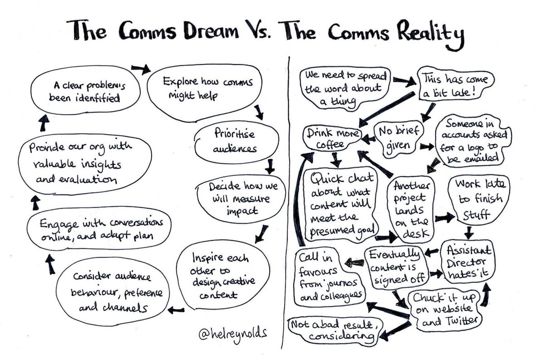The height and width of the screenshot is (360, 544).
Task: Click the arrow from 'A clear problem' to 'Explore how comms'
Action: [x=141, y=68]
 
